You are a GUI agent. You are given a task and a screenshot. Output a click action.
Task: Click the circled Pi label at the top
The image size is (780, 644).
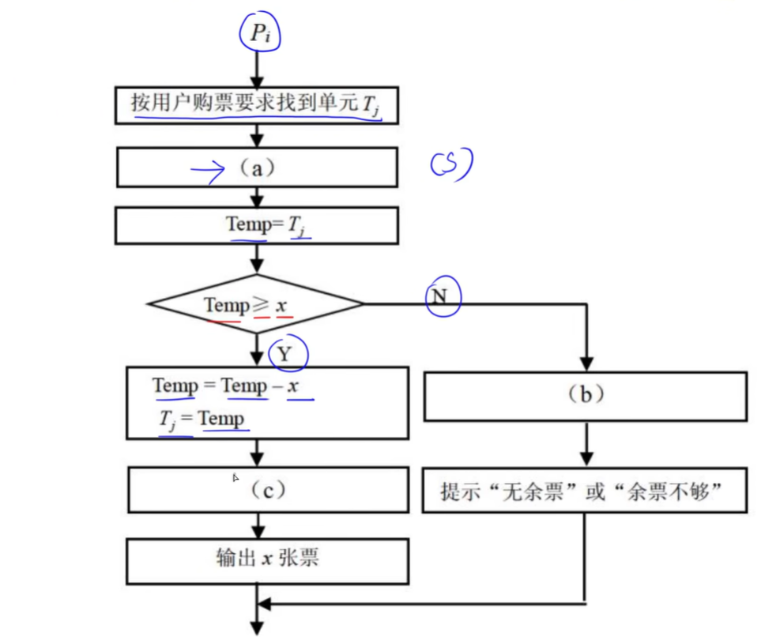tap(260, 32)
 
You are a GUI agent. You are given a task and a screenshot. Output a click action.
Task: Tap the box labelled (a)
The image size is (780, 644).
tap(256, 168)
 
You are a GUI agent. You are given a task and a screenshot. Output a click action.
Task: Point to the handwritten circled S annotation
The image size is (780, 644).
tap(451, 164)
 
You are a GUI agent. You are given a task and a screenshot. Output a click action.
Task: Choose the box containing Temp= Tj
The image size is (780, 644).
tap(256, 225)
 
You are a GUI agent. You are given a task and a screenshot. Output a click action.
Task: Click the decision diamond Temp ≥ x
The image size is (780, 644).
tap(256, 304)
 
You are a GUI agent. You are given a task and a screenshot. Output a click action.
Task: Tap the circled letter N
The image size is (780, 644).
tap(443, 296)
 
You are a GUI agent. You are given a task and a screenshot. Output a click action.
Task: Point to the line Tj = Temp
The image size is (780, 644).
tap(203, 419)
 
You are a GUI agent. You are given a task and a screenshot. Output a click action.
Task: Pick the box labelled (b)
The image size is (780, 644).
tap(586, 395)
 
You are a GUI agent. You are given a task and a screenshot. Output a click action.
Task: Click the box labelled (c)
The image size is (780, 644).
tap(268, 490)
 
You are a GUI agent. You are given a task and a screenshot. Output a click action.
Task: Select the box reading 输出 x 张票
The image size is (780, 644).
tap(268, 559)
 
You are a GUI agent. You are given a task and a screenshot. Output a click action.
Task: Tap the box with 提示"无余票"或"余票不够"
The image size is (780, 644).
tap(584, 492)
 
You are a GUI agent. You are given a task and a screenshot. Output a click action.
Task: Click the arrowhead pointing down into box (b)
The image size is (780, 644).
tap(586, 363)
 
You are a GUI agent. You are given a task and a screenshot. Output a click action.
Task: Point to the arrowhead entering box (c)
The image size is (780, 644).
tap(257, 459)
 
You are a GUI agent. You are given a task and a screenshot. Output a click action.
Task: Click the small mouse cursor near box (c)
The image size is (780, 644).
tap(236, 478)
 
